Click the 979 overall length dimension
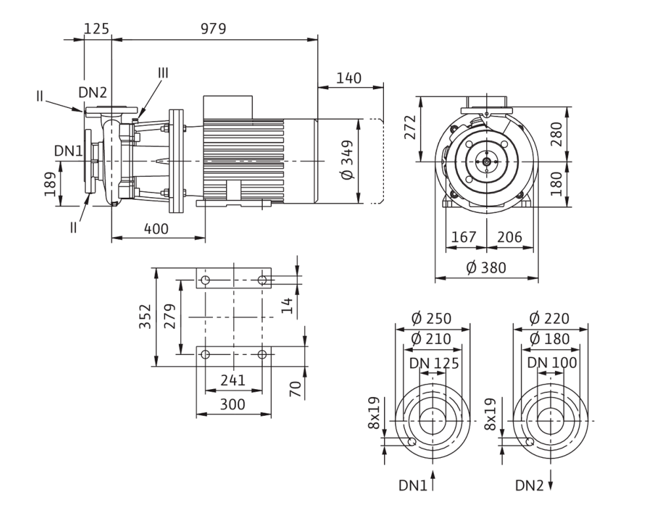(213, 28)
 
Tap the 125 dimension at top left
(97, 28)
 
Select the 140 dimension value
(349, 78)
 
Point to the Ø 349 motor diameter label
(347, 160)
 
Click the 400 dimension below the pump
(156, 229)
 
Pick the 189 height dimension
(50, 184)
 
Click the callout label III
(163, 73)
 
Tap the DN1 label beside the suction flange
(68, 151)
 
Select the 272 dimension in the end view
(410, 127)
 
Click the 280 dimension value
(556, 134)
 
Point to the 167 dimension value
(464, 236)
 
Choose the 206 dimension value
(509, 236)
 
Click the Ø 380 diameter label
(486, 268)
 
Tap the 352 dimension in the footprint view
(146, 316)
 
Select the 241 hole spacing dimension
(233, 380)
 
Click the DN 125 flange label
(434, 363)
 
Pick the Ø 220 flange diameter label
(550, 318)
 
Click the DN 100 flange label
(552, 363)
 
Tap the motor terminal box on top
(229, 107)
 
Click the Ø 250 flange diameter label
(431, 318)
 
